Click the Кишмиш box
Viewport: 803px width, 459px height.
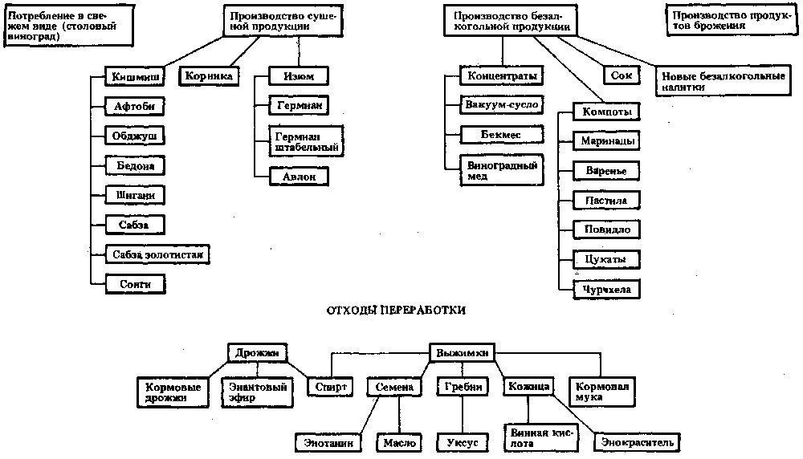coord(134,78)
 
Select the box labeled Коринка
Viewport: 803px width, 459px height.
coord(209,76)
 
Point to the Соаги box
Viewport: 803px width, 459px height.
coord(134,282)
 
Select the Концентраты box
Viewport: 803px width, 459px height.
coord(500,76)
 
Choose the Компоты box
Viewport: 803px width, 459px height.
coord(605,112)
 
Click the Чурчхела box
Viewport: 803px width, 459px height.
coord(605,289)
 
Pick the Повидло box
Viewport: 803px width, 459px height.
coord(606,229)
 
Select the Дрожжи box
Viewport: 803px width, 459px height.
coord(257,352)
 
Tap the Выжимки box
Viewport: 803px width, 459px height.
coord(461,352)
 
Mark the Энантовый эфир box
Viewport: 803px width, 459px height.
coord(255,392)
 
